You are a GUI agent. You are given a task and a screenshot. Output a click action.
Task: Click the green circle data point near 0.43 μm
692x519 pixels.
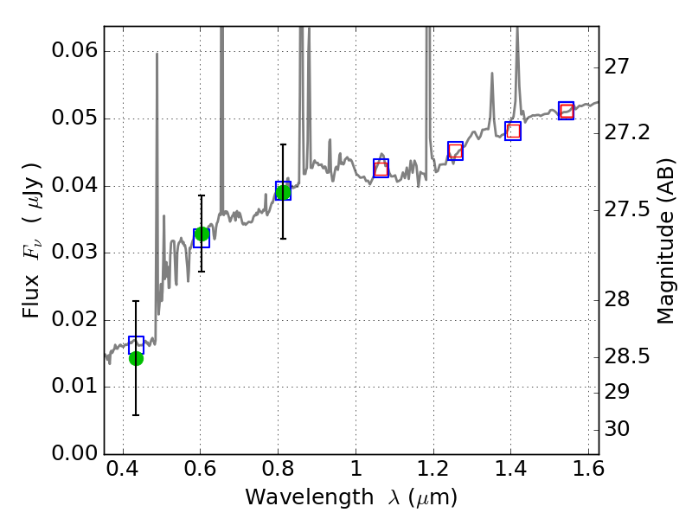click(136, 358)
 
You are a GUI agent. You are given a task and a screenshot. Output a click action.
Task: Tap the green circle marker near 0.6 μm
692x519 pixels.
click(202, 234)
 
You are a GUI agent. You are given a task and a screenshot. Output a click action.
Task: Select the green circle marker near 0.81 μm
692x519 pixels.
click(283, 192)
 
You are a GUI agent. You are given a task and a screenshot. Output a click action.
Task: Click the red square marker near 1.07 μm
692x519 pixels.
click(381, 169)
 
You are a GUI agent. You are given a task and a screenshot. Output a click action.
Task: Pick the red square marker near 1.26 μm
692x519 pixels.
click(455, 151)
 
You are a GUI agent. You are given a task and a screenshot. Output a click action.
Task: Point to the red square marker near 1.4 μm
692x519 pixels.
click(513, 131)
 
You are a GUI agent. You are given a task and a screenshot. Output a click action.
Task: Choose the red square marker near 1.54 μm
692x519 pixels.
click(567, 111)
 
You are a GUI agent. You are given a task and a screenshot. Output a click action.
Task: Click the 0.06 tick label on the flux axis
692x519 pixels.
click(74, 51)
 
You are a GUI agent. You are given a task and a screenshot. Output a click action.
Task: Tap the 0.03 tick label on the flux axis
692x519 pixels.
click(74, 253)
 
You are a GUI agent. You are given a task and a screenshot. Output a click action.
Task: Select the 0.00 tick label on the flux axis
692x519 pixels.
click(74, 454)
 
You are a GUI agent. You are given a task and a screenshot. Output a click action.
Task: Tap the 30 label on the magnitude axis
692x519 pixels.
click(623, 429)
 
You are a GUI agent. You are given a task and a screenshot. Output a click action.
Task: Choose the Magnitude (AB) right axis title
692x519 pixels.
click(665, 241)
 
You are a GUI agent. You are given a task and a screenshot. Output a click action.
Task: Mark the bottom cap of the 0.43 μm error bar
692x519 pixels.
click(136, 415)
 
